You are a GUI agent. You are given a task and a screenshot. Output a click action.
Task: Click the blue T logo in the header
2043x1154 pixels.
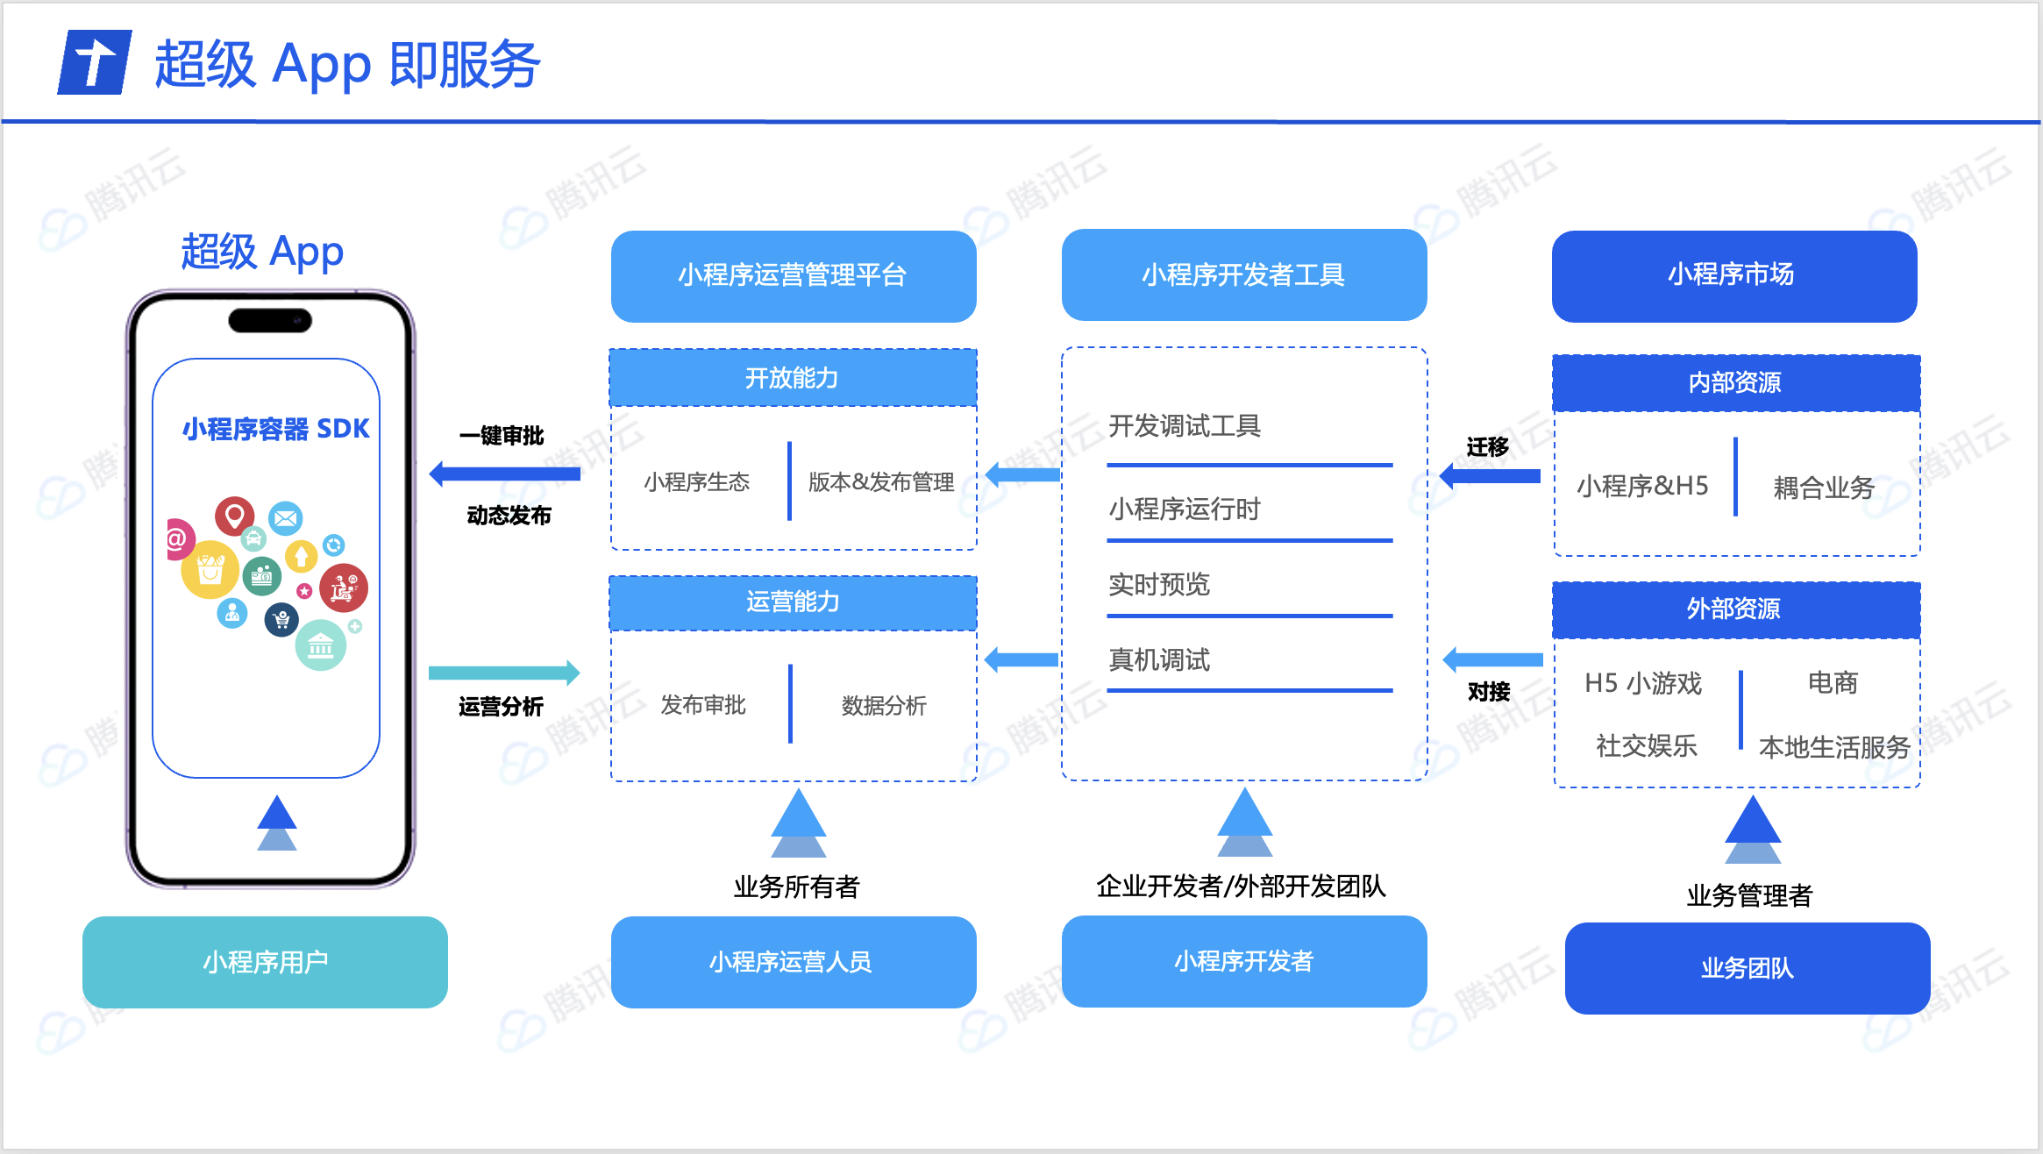click(x=95, y=62)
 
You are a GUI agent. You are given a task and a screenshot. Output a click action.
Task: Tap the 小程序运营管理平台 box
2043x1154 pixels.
click(x=793, y=275)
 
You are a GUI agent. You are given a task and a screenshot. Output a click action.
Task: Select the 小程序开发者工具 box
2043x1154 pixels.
click(x=1243, y=275)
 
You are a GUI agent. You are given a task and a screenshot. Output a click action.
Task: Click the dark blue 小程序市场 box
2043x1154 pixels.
click(x=1733, y=275)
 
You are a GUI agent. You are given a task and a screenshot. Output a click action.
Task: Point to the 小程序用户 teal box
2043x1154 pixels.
click(x=265, y=962)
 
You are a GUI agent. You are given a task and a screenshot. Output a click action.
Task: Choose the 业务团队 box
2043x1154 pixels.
click(x=1747, y=968)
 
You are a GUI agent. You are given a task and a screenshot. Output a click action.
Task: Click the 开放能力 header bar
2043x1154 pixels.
click(x=793, y=378)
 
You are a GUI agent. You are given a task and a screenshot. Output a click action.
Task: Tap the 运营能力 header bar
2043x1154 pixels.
click(x=793, y=602)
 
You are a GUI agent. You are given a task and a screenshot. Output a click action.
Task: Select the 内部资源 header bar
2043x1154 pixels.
click(x=1735, y=382)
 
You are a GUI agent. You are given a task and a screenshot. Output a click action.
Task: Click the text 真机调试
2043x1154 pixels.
click(x=1159, y=660)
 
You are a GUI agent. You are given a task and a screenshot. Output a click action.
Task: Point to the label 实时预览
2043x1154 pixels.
click(x=1159, y=585)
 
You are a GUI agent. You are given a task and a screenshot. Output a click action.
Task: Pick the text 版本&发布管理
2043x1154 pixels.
click(x=881, y=482)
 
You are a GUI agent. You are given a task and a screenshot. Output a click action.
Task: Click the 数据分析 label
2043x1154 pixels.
click(x=884, y=706)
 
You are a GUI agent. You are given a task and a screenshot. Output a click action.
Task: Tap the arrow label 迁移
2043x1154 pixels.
click(x=1488, y=447)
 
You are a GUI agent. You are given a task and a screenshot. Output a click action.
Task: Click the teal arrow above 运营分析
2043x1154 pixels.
click(x=504, y=673)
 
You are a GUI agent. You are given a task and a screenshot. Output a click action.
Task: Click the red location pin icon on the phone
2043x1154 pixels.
click(x=234, y=516)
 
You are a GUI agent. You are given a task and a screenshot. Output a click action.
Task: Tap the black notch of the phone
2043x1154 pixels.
click(x=270, y=321)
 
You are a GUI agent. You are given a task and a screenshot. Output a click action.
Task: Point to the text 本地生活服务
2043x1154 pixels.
click(x=1834, y=747)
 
